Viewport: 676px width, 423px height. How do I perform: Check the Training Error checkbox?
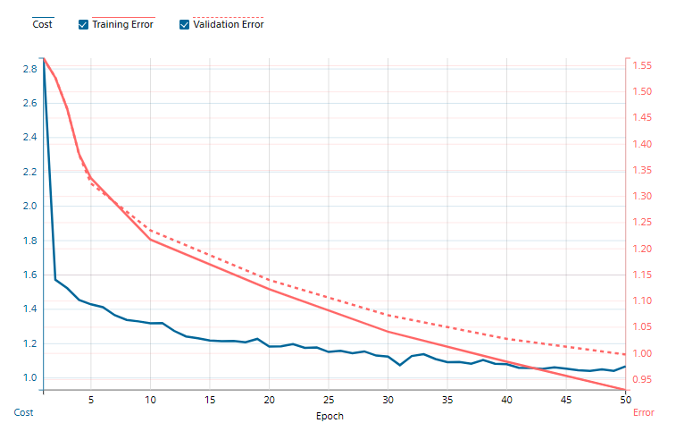click(84, 24)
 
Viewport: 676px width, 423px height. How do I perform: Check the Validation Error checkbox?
click(185, 24)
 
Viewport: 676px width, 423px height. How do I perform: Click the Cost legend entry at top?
click(42, 24)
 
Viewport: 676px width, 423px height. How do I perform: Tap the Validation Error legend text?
click(228, 24)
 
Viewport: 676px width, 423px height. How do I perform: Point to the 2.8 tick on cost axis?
click(29, 69)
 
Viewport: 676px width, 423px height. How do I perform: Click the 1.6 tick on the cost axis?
click(29, 275)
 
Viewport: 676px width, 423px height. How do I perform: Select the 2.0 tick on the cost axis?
click(29, 206)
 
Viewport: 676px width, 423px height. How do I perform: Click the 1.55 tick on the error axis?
click(642, 65)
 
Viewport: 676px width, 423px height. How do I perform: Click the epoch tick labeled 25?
click(329, 399)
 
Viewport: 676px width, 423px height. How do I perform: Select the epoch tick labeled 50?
click(624, 399)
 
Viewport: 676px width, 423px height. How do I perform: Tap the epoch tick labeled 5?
click(91, 399)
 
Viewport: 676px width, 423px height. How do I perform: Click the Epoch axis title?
click(330, 416)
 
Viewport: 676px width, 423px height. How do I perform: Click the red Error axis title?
click(643, 412)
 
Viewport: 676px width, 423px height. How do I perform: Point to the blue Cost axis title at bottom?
click(23, 412)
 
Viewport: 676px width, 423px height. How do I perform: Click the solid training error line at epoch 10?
click(150, 239)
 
